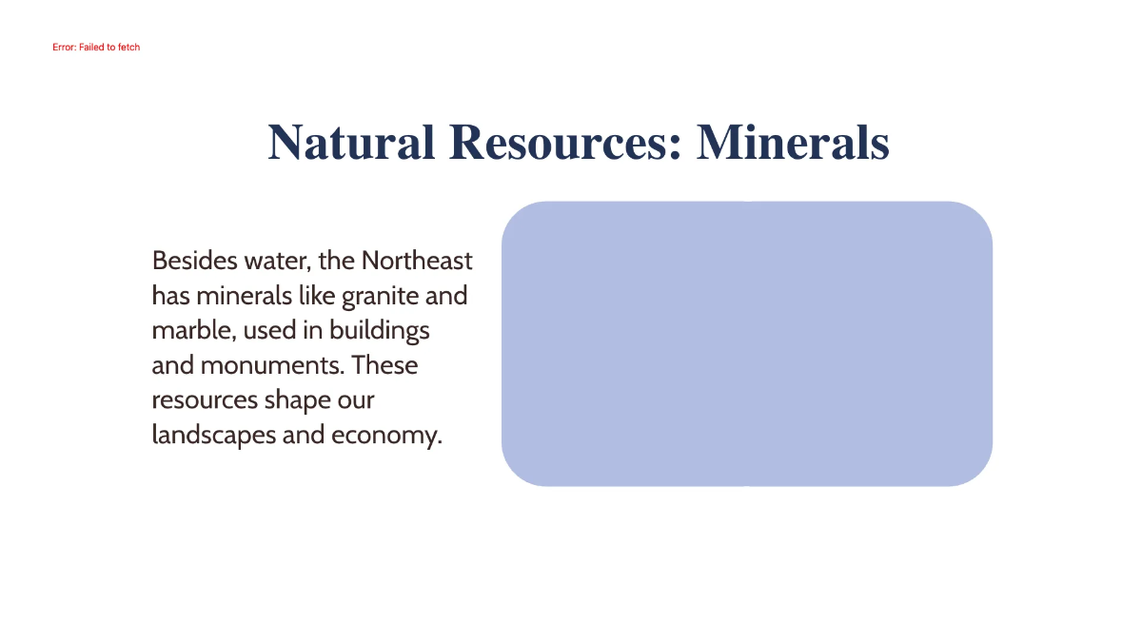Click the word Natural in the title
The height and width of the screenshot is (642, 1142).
click(x=349, y=143)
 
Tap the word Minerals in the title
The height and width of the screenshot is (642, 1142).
click(x=793, y=143)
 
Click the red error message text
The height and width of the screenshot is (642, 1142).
click(x=96, y=47)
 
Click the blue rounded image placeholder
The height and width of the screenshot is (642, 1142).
click(x=747, y=343)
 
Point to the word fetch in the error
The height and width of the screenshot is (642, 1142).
click(x=128, y=47)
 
